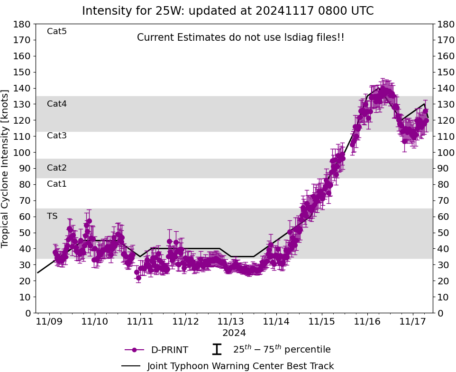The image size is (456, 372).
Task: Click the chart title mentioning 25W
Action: (228, 11)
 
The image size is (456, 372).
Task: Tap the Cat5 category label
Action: (57, 31)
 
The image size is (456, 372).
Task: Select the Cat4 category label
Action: (57, 104)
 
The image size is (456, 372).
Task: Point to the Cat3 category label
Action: (57, 136)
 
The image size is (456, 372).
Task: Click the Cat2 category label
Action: (57, 168)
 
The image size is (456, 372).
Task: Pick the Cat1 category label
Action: (57, 184)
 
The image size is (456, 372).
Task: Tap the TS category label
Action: (52, 216)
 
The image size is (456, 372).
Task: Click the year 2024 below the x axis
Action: (234, 333)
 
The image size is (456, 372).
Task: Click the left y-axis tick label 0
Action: (28, 313)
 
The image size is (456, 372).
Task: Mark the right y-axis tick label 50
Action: (443, 233)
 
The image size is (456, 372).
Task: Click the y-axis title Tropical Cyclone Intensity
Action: (5, 168)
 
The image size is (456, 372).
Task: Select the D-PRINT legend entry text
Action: (169, 350)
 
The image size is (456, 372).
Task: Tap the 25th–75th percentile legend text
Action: (282, 350)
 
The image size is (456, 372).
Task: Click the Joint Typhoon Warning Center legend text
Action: (240, 366)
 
